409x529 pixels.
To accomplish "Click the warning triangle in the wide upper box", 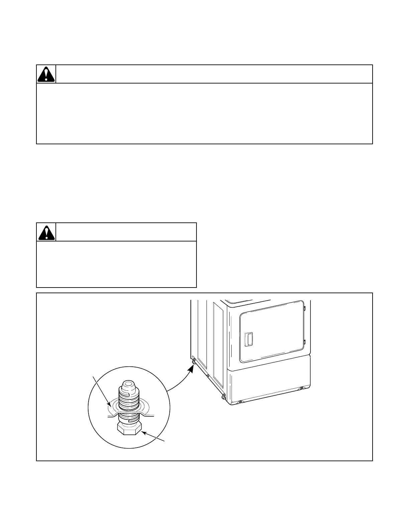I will point(46,74).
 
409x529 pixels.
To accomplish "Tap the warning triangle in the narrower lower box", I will point(46,232).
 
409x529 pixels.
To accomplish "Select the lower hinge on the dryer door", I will point(305,342).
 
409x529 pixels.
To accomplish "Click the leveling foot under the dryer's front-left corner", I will point(223,396).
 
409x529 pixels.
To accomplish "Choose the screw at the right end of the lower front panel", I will point(301,388).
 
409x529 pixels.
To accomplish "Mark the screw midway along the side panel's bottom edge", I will point(208,376).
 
